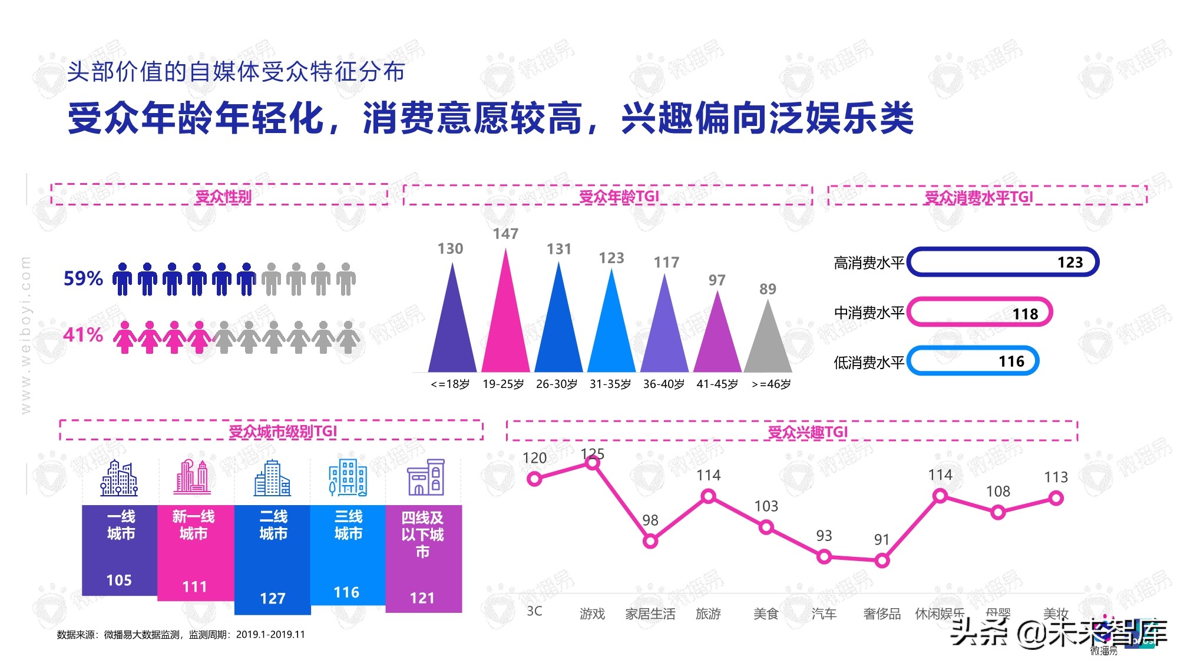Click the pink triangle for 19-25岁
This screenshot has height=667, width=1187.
coord(505,330)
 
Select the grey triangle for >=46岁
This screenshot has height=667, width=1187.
coord(768,347)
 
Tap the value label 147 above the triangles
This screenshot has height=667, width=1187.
coord(505,234)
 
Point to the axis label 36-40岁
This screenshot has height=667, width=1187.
coord(664,384)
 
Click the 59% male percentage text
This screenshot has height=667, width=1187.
coord(83,278)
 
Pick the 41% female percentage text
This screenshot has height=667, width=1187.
coord(83,335)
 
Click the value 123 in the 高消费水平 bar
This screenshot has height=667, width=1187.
coord(1070,263)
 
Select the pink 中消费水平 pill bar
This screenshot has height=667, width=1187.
coord(980,313)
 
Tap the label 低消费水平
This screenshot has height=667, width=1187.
coord(868,363)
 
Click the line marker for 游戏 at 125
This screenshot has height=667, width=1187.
coord(593,463)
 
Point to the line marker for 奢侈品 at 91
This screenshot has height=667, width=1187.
coord(882,561)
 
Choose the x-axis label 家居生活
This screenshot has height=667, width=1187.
coord(650,614)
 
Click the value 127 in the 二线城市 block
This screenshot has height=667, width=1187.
coord(272,599)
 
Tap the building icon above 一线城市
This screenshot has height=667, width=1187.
coord(119,477)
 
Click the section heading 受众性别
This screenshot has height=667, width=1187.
coord(223,197)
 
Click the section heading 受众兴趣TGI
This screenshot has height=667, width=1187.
coord(807,432)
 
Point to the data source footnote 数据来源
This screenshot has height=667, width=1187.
coord(181,635)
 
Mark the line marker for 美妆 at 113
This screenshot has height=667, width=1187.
coord(1056,499)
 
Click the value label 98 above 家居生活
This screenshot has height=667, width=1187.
coord(650,520)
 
